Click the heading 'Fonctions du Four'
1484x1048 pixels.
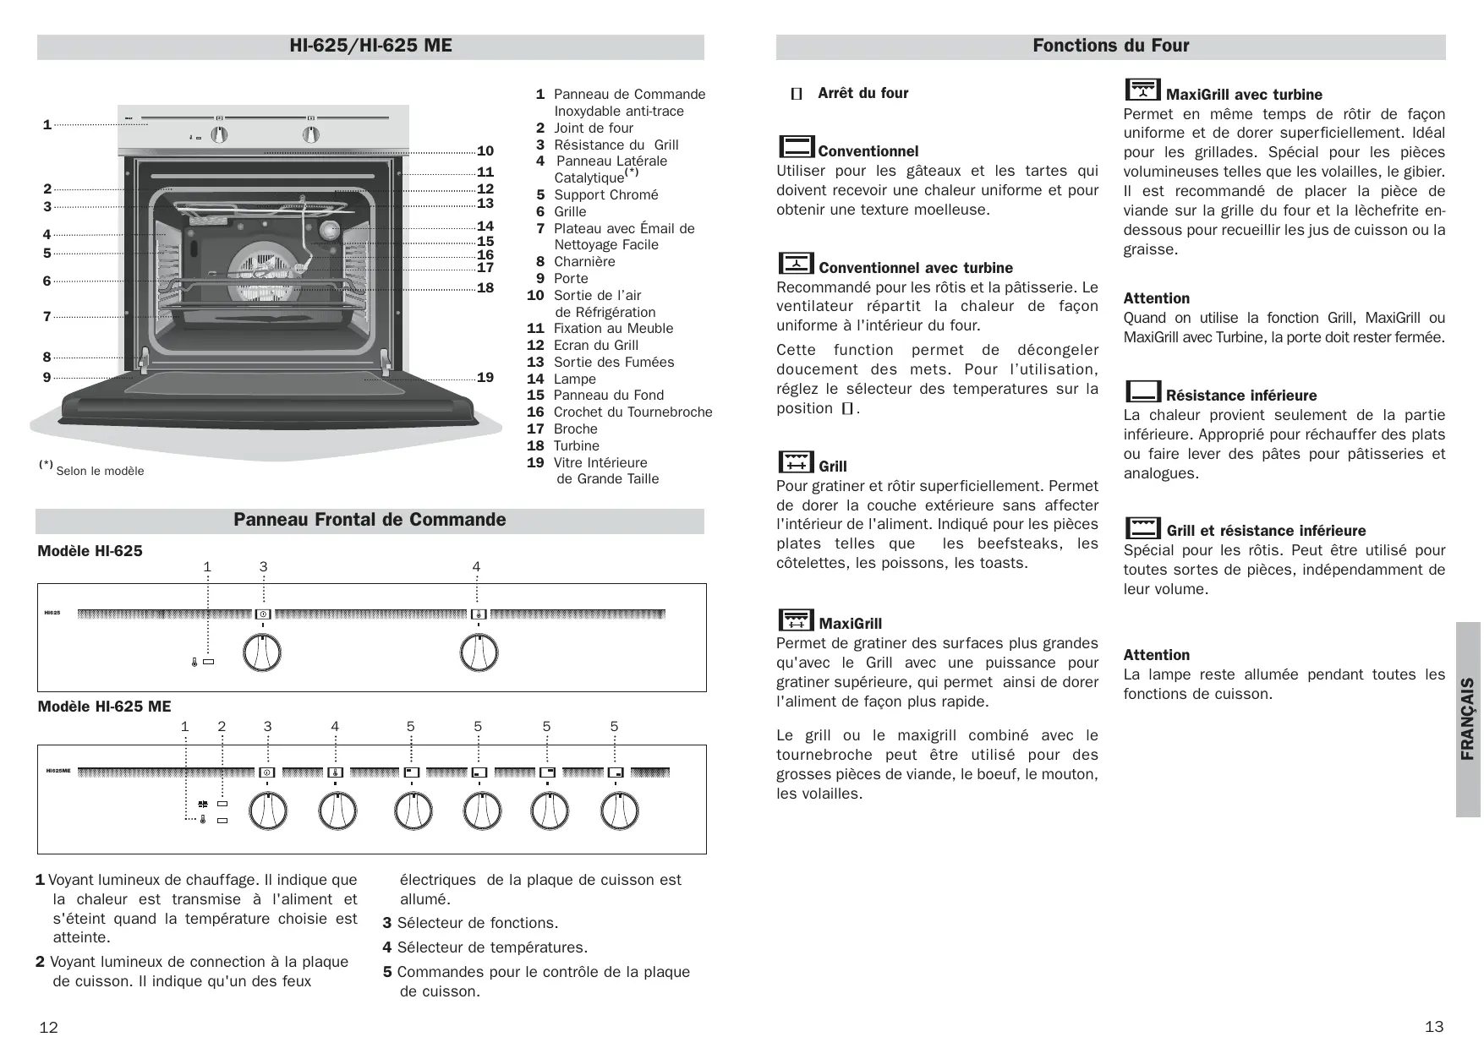[x=1110, y=46]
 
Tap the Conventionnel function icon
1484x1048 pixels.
[x=796, y=147]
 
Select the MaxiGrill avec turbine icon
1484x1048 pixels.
[x=1142, y=90]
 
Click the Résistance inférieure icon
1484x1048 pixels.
[x=1142, y=391]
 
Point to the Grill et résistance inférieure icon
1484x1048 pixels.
[x=1142, y=527]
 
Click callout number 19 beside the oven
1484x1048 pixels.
[x=485, y=378]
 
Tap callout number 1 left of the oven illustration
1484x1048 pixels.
[x=47, y=125]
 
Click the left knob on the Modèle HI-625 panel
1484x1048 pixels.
[x=261, y=653]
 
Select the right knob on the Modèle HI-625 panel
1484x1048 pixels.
[x=479, y=653]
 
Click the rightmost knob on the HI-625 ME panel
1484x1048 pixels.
[x=619, y=812]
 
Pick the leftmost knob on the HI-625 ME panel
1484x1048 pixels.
[x=268, y=812]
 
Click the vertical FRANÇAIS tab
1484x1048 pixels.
[x=1468, y=719]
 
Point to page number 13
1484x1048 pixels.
[x=1434, y=1027]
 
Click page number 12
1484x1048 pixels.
[x=49, y=1028]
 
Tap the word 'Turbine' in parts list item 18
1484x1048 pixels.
[x=576, y=446]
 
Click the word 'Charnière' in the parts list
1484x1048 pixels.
[x=584, y=262]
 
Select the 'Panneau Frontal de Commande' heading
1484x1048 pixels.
[x=370, y=520]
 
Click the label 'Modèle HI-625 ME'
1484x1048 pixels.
[x=104, y=707]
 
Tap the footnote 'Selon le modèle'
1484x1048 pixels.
[x=99, y=472]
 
